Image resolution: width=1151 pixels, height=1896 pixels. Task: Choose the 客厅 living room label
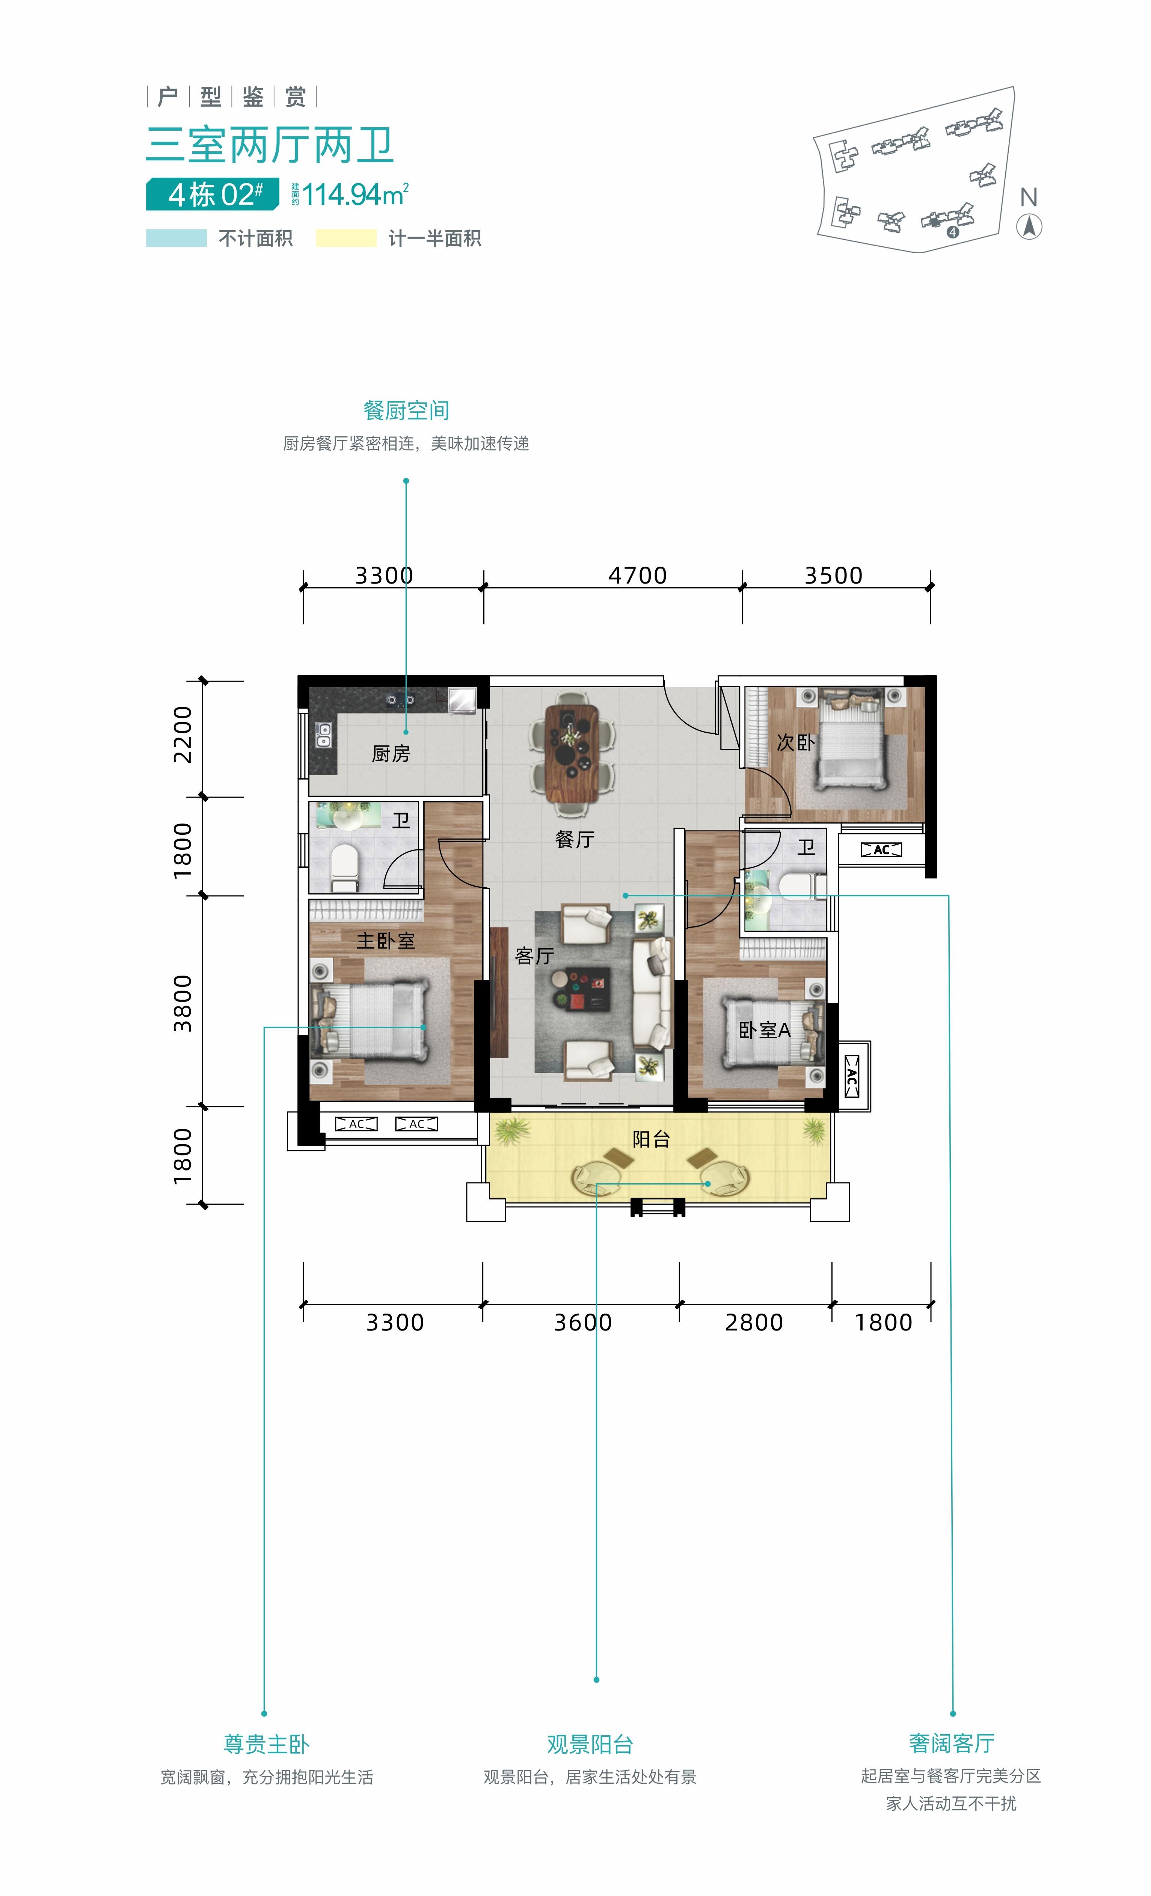click(534, 956)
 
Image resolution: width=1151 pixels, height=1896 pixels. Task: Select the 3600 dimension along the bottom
click(582, 1323)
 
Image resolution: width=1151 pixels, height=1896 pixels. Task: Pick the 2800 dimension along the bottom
click(753, 1323)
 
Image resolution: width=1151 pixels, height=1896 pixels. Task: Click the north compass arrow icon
click(1029, 227)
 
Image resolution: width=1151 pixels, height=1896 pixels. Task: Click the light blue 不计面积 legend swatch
click(176, 238)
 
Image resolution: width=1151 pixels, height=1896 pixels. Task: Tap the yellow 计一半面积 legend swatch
click(346, 238)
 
